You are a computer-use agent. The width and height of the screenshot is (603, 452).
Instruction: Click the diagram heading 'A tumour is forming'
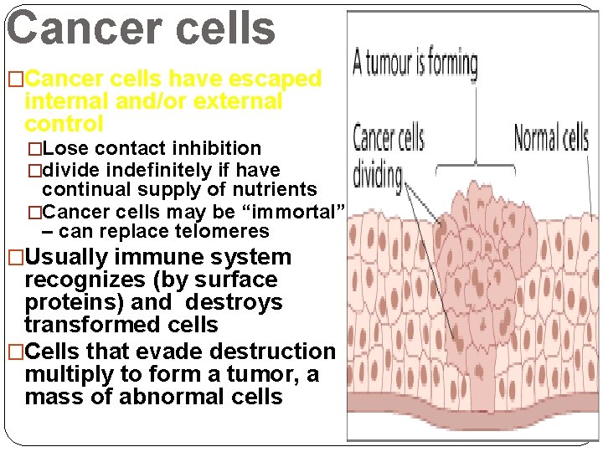click(x=415, y=64)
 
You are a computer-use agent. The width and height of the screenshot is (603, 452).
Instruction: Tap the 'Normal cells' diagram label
click(x=552, y=138)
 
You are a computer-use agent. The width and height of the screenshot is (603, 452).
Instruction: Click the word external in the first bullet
click(x=239, y=101)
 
